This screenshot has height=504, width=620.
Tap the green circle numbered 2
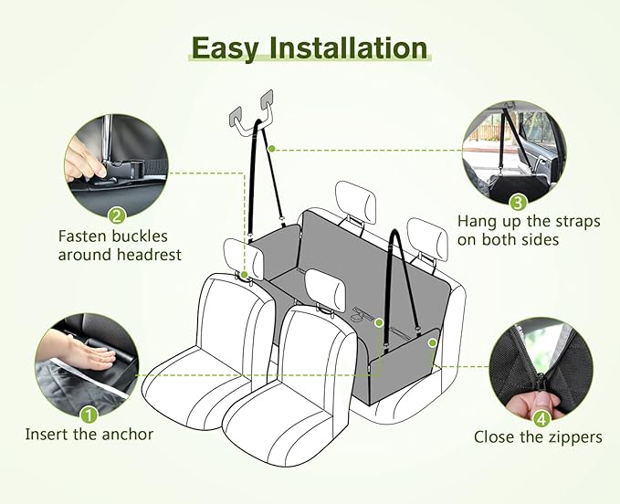click(116, 216)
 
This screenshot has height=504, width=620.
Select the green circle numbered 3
click(518, 203)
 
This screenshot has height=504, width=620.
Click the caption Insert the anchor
click(89, 435)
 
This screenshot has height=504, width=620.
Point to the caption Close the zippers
click(538, 437)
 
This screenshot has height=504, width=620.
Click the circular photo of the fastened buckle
click(117, 166)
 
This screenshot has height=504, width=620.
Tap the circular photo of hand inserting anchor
click(88, 365)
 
